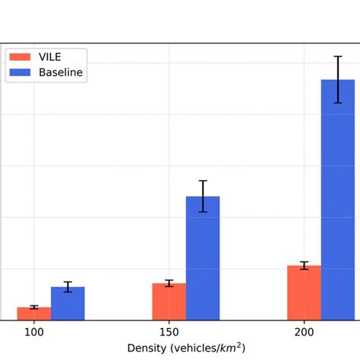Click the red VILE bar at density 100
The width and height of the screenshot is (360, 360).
[34, 314]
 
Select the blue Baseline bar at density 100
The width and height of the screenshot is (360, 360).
[68, 304]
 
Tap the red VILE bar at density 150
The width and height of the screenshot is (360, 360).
[169, 302]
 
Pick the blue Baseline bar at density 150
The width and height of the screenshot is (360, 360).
[203, 258]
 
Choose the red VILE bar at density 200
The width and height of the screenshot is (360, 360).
[304, 293]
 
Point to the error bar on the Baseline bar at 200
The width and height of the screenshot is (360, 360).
[338, 79]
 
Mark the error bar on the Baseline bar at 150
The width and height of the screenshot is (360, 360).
[203, 196]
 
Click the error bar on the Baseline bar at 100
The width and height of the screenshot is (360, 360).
[68, 286]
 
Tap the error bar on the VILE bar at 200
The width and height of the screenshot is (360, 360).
[304, 265]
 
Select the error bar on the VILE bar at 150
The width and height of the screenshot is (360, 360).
[169, 283]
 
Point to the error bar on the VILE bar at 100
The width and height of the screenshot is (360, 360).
[34, 307]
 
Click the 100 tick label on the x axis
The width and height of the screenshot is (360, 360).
[34, 333]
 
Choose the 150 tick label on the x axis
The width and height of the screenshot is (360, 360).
[169, 333]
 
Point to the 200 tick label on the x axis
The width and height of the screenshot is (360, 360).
[304, 333]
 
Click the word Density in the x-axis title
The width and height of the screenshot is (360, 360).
[146, 349]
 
